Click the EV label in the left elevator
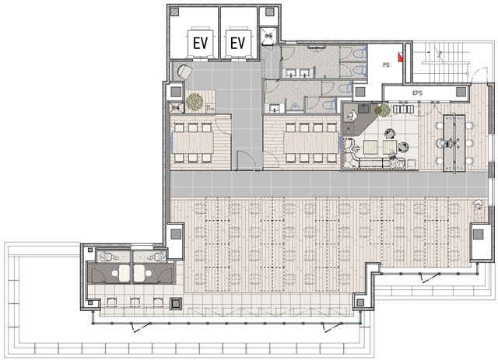click(201, 44)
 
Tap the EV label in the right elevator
click(237, 44)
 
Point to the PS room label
click(386, 65)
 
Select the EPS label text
click(417, 93)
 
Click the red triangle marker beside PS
click(400, 57)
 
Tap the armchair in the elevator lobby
click(184, 72)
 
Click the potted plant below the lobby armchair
click(195, 102)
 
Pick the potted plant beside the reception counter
click(382, 110)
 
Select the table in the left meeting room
click(194, 142)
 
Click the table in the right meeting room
click(311, 142)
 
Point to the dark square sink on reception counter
click(363, 108)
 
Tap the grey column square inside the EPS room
click(461, 92)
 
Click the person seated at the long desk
click(442, 144)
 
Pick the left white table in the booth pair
click(124, 274)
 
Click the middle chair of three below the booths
click(135, 302)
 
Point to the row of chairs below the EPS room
click(403, 109)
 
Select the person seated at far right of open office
click(478, 204)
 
